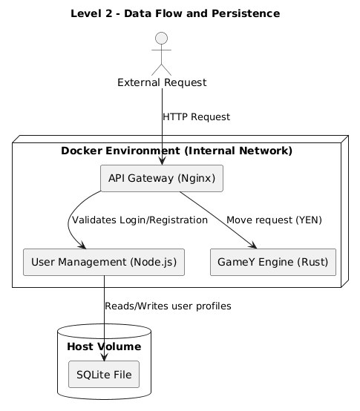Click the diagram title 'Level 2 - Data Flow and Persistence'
point(175,13)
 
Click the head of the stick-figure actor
point(161,39)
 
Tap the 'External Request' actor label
point(161,82)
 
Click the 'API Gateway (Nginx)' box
point(161,178)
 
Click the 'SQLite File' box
point(104,375)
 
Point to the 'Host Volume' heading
point(104,346)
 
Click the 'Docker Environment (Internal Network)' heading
point(177,151)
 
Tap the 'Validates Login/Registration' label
point(140,220)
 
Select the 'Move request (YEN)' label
point(274,220)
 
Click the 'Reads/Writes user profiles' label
point(168,306)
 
